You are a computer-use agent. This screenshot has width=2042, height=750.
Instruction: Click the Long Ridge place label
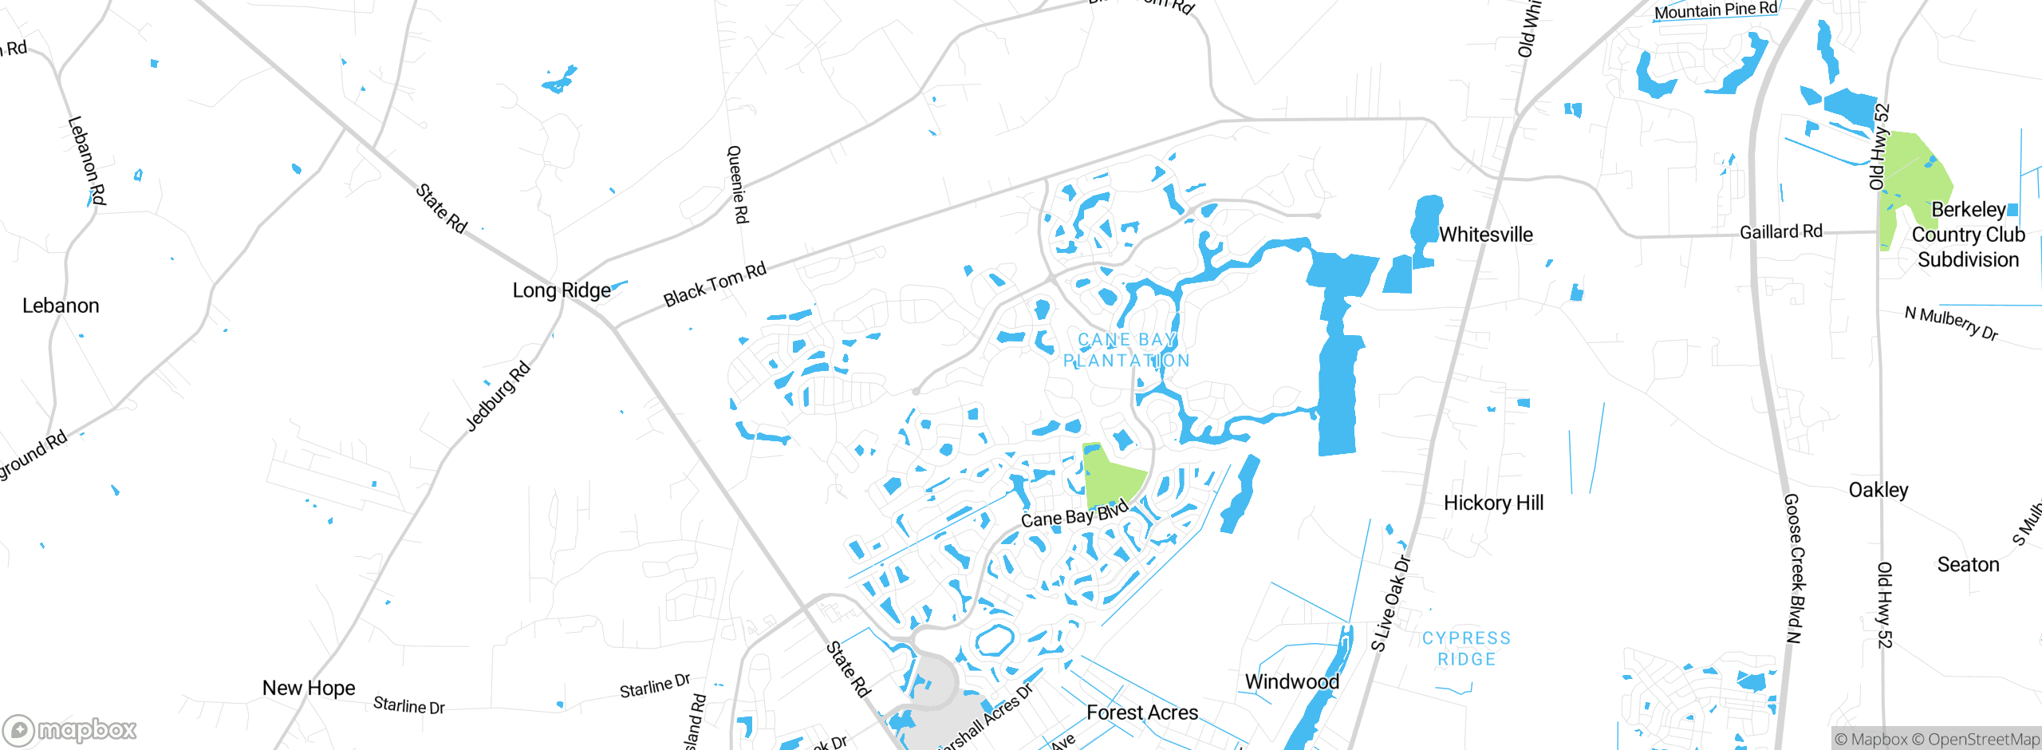[x=562, y=290]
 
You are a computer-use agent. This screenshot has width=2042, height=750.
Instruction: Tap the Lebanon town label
[x=61, y=306]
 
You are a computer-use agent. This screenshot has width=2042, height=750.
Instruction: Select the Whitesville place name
[x=1485, y=235]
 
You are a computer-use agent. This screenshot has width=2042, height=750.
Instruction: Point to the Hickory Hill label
[x=1493, y=503]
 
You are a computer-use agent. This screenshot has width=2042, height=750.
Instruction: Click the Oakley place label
[x=1878, y=490]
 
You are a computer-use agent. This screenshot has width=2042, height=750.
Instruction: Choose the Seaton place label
[x=1968, y=565]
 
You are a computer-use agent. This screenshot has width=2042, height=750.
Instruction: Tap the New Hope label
[x=309, y=688]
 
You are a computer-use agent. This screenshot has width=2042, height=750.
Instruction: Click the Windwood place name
[x=1291, y=681]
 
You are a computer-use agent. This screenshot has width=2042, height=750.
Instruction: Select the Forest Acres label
[x=1142, y=712]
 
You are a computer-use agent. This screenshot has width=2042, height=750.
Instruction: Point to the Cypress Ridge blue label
[x=1466, y=649]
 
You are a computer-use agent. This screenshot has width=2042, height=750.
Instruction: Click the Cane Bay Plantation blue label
[x=1126, y=350]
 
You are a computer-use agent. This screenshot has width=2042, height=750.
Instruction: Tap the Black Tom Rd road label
[x=715, y=285]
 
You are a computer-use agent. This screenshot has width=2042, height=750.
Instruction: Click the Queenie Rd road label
[x=738, y=184]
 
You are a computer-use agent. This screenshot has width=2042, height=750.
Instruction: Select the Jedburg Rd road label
[x=498, y=397]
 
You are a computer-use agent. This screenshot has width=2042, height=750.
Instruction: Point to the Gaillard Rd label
[x=1780, y=232]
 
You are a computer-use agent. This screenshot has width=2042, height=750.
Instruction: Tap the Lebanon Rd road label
[x=87, y=160]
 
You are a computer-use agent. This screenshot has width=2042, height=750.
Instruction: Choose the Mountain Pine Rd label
[x=1715, y=10]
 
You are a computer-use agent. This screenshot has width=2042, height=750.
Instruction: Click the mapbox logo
[x=69, y=729]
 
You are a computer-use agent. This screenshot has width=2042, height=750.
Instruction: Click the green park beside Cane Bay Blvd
[x=1110, y=476]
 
